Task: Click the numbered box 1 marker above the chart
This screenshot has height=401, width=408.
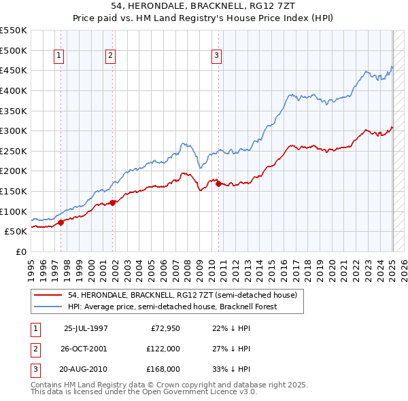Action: click(x=60, y=56)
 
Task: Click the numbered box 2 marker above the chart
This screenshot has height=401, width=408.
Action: click(x=110, y=56)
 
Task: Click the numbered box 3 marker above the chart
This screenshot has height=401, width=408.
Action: click(x=216, y=56)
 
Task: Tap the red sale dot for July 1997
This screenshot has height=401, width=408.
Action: click(x=61, y=222)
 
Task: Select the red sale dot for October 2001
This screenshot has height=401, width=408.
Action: click(x=112, y=202)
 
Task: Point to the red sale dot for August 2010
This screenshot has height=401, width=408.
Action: click(x=218, y=184)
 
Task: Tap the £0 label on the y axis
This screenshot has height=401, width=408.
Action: click(x=20, y=251)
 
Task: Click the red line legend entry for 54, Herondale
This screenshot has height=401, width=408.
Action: click(x=182, y=296)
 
